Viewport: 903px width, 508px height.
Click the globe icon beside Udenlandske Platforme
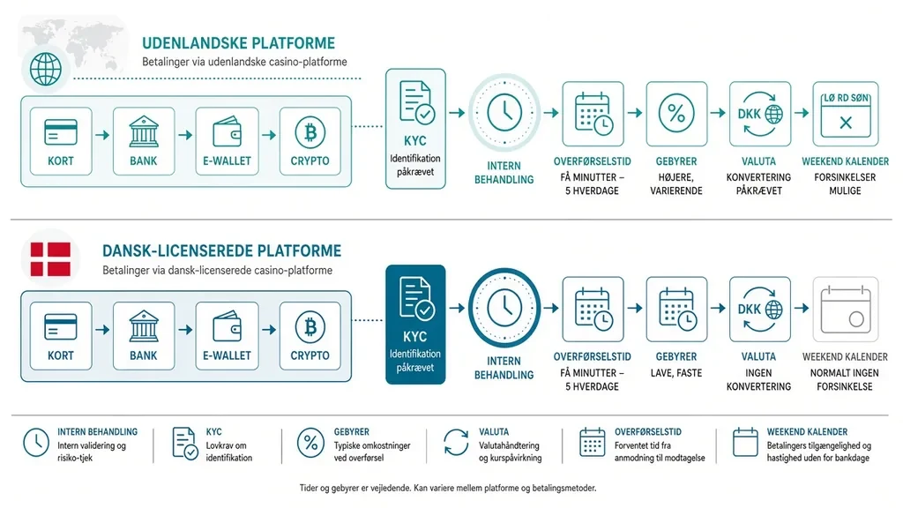coord(46,69)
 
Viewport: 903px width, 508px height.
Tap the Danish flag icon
coord(50,259)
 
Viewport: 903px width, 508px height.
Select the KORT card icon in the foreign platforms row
coord(61,132)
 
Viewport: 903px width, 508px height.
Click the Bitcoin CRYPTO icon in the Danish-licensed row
coord(310,327)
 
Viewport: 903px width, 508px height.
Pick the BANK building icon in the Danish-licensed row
coord(144,326)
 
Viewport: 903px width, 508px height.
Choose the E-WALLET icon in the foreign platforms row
coord(227,132)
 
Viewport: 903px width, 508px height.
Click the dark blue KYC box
coord(415,325)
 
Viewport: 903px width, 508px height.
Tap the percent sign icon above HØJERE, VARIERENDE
coord(676,114)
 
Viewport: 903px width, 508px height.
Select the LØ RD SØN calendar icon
coord(846,115)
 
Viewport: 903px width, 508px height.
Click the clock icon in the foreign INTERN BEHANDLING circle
coord(504,113)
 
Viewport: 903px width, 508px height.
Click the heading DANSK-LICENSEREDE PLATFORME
coord(221,251)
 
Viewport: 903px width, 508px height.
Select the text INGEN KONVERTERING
coord(758,379)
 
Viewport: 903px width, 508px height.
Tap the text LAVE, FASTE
coord(676,373)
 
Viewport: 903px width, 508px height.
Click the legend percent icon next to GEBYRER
coord(310,444)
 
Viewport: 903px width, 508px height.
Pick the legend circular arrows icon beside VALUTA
coord(456,443)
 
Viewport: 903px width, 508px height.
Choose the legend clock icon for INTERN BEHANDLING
coord(35,443)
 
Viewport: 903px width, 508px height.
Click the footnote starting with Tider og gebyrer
coord(448,489)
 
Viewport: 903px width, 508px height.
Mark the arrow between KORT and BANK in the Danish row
coord(102,330)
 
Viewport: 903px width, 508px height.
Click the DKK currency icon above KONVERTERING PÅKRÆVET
coord(759,114)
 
